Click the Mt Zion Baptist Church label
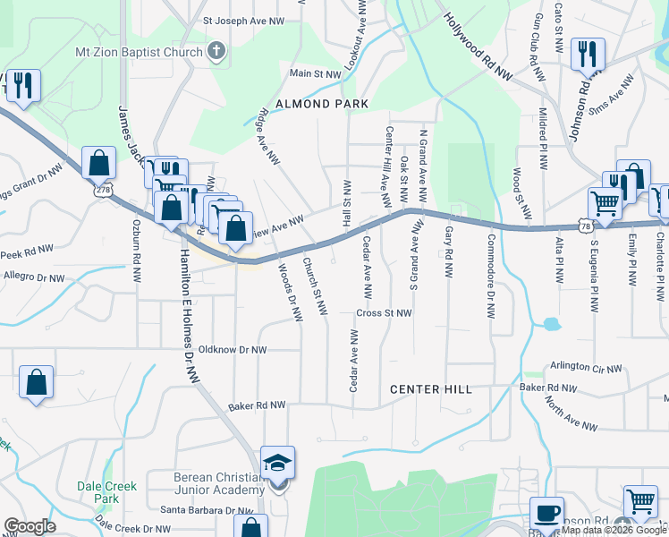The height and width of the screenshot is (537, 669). [x=140, y=52]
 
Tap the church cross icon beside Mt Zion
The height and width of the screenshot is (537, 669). [x=216, y=52]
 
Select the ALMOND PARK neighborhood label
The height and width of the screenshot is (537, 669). [x=322, y=104]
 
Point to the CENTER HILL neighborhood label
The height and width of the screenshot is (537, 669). [x=430, y=389]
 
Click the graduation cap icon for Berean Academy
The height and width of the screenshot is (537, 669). [x=278, y=463]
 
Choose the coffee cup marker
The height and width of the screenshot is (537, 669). [x=546, y=514]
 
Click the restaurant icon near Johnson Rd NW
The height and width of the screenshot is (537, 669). [x=588, y=54]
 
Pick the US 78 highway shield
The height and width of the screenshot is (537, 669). [x=585, y=226]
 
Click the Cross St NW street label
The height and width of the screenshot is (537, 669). [x=384, y=313]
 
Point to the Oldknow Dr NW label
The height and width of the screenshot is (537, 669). [x=233, y=350]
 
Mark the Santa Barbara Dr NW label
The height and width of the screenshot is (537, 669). [x=207, y=510]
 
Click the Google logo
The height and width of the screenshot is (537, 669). [x=30, y=526]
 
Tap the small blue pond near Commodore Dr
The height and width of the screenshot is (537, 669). [x=550, y=323]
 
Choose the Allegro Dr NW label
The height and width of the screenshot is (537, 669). [x=33, y=279]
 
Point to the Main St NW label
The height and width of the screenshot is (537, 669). [x=316, y=73]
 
